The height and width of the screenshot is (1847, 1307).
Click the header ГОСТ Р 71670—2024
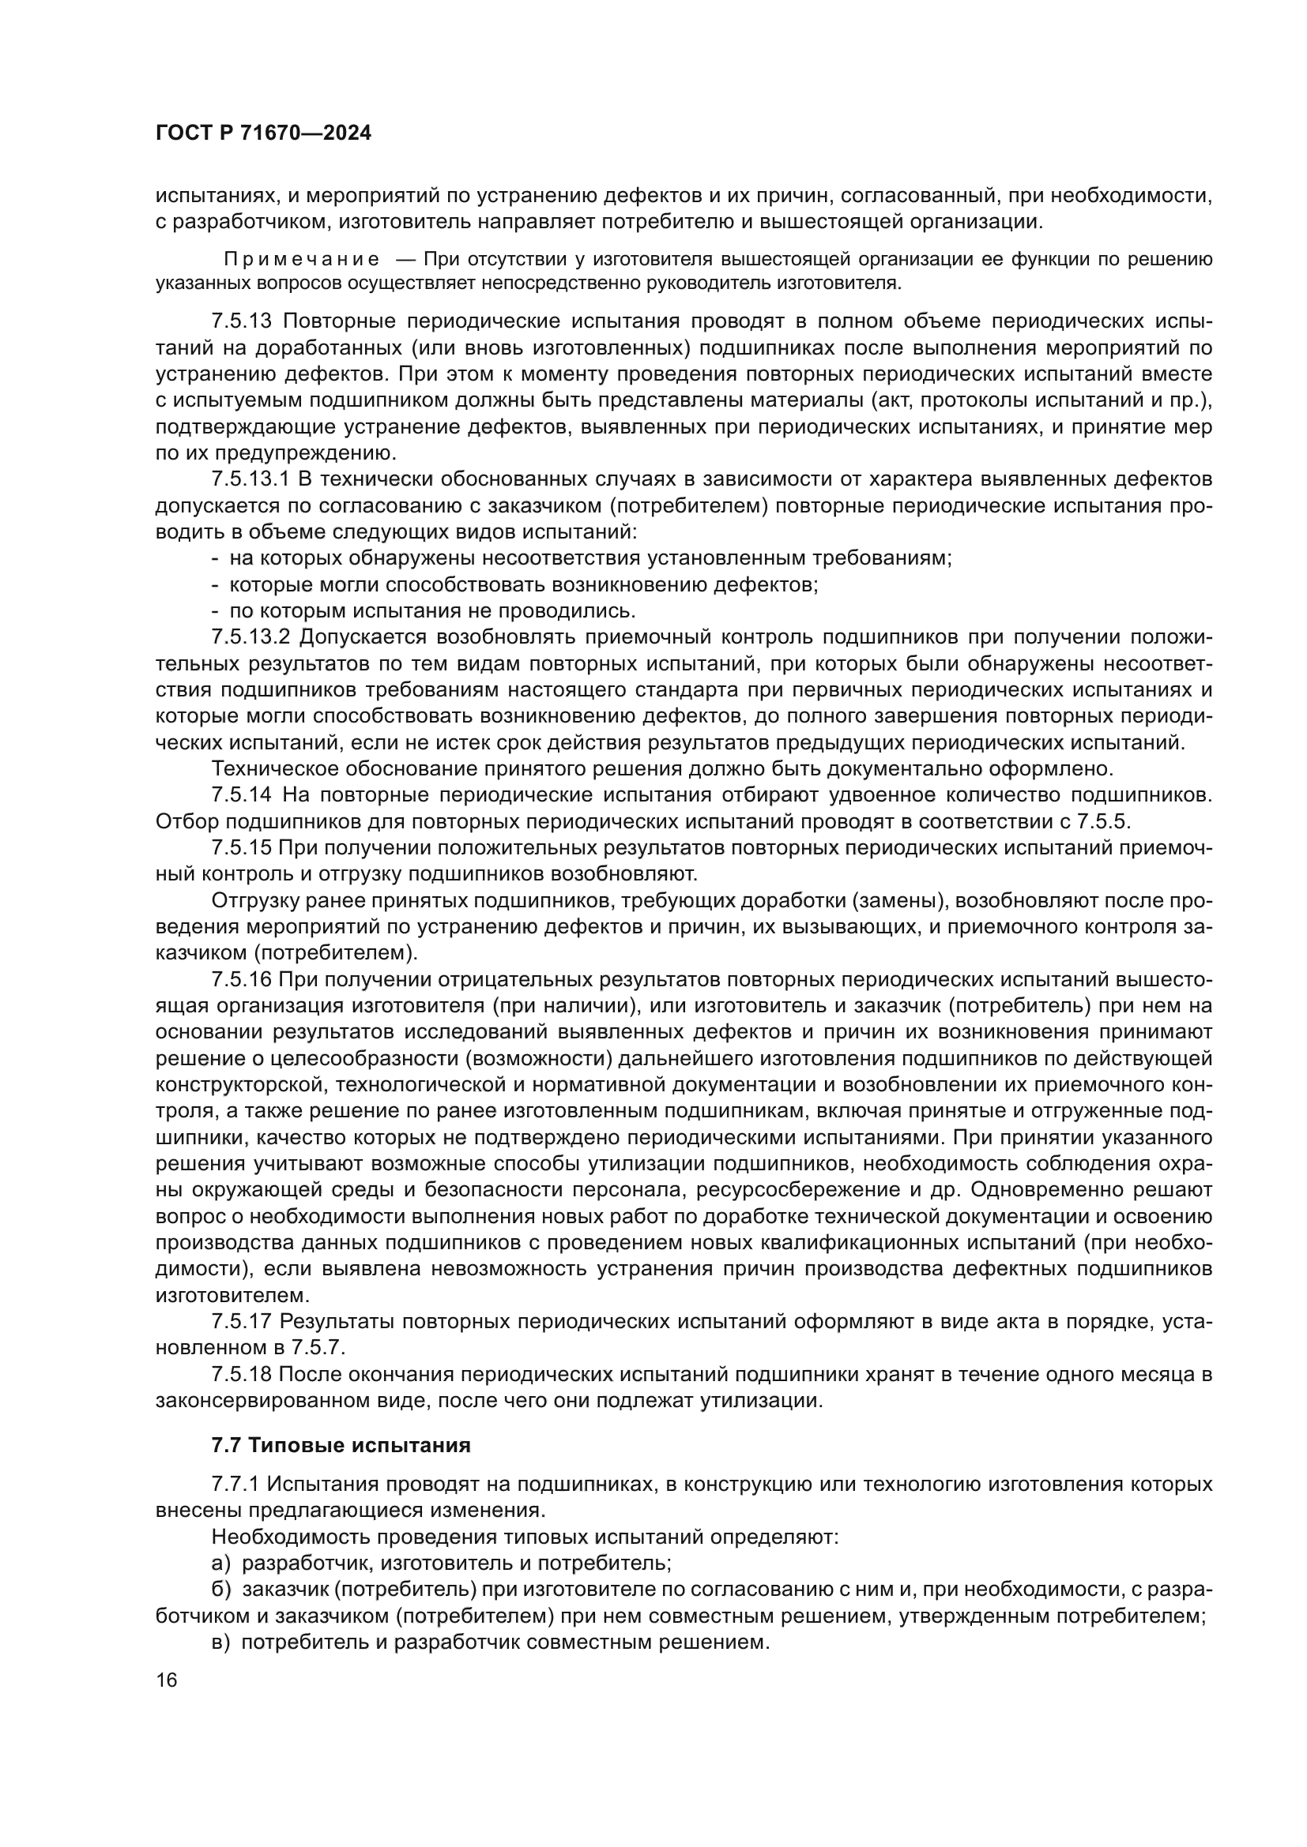point(263,133)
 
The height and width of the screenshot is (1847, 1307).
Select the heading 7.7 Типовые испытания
point(341,1446)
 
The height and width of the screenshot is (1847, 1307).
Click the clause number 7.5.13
point(243,321)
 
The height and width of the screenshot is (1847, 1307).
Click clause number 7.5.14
point(243,796)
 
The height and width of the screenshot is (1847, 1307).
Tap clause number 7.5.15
point(243,848)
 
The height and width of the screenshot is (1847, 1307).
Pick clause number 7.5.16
point(243,980)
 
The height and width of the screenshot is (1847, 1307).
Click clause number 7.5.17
point(243,1322)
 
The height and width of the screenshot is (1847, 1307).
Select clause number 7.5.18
point(243,1375)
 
